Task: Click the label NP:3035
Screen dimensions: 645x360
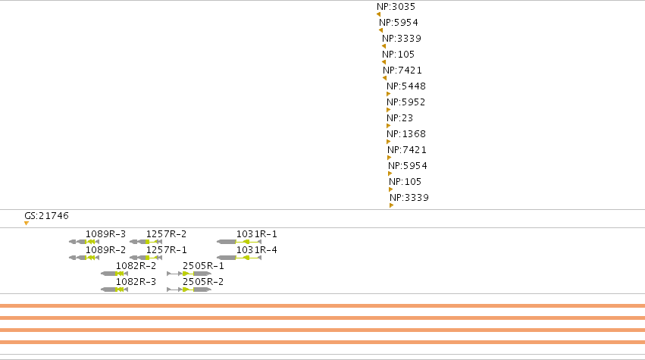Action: pos(396,7)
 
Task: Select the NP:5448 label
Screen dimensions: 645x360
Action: pos(406,86)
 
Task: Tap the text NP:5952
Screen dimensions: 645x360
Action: pos(405,102)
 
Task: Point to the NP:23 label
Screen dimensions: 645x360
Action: pos(399,118)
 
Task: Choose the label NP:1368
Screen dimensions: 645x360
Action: pos(406,134)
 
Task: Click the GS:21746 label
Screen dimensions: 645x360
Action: pos(46,216)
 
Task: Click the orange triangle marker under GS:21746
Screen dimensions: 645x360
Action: pos(27,224)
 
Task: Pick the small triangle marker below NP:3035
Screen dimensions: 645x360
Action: pos(378,14)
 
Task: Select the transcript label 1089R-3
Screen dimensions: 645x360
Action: pos(105,234)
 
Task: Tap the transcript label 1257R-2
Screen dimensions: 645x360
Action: pos(166,234)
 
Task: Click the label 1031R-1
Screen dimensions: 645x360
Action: pos(256,234)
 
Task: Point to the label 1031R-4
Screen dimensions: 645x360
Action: pos(256,250)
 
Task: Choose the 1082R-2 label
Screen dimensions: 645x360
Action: pos(136,266)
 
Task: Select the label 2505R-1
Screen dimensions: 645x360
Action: pos(203,266)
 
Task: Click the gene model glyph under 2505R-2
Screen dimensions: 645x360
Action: pos(189,290)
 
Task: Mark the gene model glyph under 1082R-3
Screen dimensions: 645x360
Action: pos(114,290)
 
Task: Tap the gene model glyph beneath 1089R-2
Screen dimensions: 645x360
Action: pos(84,258)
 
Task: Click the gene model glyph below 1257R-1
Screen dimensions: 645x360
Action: pos(146,258)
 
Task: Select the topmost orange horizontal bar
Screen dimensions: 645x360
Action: pos(323,305)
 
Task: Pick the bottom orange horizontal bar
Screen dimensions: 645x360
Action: pos(323,342)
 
